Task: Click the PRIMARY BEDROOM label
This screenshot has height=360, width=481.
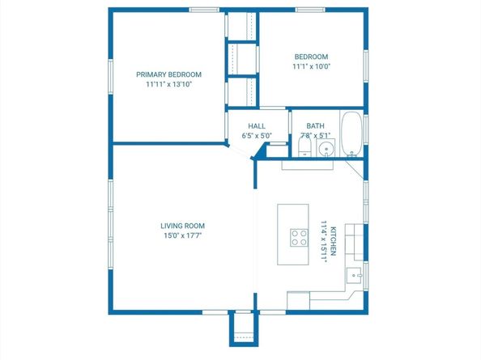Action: point(168,74)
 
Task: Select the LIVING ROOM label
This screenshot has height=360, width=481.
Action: point(182,226)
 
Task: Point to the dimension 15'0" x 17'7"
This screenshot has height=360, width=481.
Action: point(182,236)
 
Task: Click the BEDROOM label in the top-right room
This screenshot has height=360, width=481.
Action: point(311,56)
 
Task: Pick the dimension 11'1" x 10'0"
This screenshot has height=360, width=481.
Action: point(311,66)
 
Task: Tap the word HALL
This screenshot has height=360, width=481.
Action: point(257,125)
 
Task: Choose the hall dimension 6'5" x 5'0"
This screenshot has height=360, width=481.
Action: point(257,136)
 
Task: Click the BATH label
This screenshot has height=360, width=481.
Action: point(315,125)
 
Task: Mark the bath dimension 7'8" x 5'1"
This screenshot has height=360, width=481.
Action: point(315,136)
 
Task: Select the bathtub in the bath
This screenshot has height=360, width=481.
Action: point(351,133)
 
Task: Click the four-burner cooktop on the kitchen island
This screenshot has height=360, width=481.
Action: point(299,238)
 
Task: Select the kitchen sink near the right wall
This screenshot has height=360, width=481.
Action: point(355,275)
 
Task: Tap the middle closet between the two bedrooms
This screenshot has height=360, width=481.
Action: point(240,58)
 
